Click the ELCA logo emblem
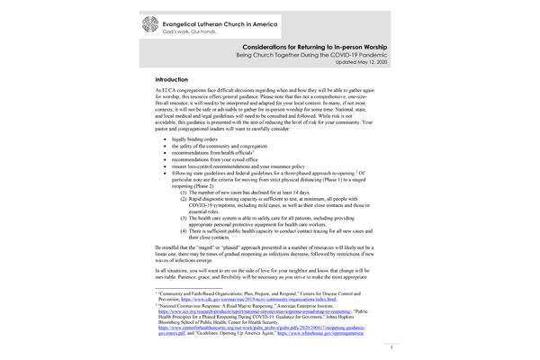[148, 24]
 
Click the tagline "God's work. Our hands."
[191, 31]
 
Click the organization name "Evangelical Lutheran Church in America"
[230, 21]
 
